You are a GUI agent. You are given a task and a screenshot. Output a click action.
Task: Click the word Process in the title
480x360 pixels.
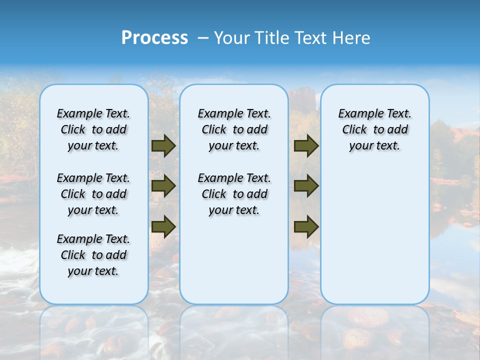(154, 38)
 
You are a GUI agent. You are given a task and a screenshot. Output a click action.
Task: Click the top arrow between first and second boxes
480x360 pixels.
(163, 146)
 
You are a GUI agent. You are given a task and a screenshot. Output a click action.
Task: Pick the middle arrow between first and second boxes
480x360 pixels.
(163, 186)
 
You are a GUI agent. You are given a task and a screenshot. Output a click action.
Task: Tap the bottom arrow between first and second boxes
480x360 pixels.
(163, 226)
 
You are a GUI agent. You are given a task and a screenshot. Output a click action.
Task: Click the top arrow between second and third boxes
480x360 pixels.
(306, 146)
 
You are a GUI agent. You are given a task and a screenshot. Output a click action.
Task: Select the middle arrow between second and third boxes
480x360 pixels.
(306, 186)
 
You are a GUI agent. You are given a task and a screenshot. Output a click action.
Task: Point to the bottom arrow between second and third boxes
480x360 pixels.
(306, 226)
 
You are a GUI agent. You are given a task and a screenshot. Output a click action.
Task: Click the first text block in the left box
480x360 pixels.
(93, 129)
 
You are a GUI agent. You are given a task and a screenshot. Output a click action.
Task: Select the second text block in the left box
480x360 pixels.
(93, 194)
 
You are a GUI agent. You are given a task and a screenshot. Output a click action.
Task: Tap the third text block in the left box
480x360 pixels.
(93, 255)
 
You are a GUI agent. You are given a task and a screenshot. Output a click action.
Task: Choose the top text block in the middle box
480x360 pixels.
(234, 129)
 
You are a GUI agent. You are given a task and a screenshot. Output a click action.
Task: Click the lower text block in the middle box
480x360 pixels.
(234, 194)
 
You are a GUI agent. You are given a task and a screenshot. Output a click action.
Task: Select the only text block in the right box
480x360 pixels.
(374, 129)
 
